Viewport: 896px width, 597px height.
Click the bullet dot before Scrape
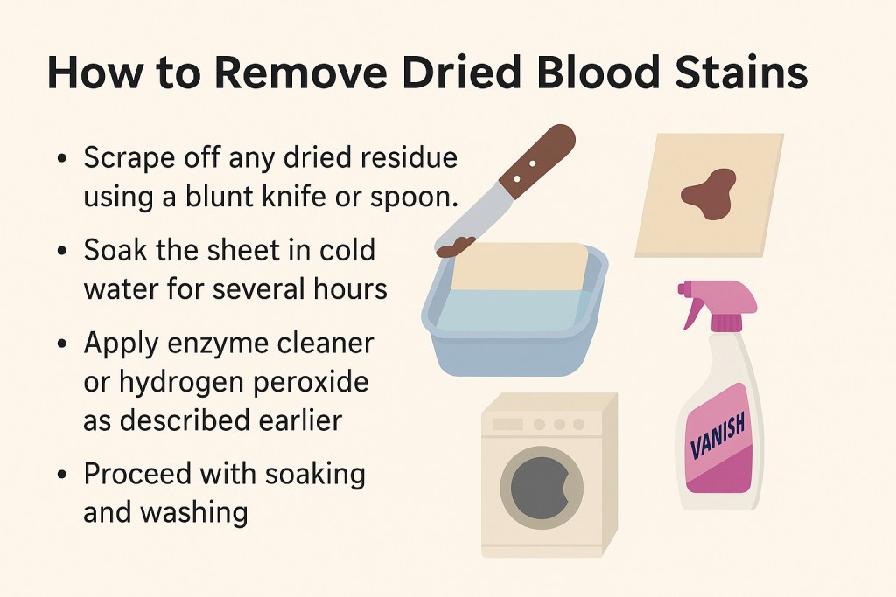click(x=61, y=161)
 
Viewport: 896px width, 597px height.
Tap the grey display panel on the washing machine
click(x=507, y=424)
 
